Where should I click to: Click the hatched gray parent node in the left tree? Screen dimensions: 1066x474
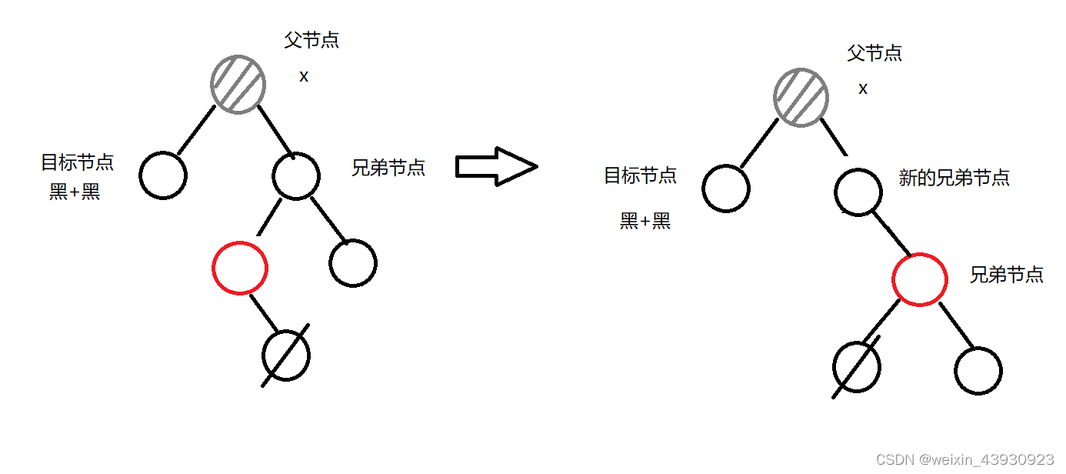pos(238,85)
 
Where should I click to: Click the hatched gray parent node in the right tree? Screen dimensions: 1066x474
pos(801,98)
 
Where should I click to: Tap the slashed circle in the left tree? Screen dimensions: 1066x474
pos(286,355)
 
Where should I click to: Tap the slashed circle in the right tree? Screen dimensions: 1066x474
pos(857,367)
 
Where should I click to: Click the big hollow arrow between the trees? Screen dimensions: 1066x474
pos(496,166)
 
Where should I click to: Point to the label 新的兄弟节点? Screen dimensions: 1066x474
pos(954,178)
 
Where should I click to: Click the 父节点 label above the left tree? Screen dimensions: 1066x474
pos(311,40)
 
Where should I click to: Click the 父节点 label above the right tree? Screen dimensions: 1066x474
pos(874,53)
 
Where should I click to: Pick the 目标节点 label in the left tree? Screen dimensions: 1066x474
pos(77,162)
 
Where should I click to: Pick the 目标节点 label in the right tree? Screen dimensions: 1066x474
pos(640,175)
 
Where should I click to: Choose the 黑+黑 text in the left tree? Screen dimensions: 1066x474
pos(75,192)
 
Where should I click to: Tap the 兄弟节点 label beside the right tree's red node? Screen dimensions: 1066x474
pos(1007,275)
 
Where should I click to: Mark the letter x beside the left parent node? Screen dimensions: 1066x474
pos(304,77)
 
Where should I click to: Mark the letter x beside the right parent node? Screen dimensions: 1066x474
pos(863,89)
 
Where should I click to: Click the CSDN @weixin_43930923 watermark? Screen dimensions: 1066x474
pos(964,459)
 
